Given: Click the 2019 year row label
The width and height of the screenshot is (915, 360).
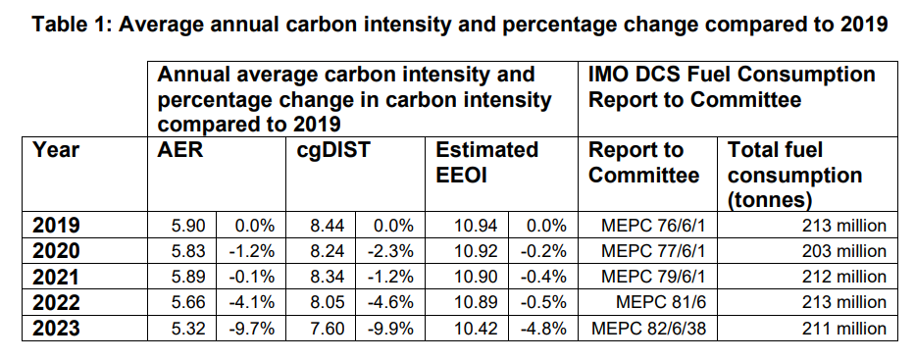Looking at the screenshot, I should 55,225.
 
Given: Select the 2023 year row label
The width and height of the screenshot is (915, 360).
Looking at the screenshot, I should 55,327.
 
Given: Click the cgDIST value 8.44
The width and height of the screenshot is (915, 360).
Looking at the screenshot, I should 327,225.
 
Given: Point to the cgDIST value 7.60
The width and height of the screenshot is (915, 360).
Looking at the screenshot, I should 327,327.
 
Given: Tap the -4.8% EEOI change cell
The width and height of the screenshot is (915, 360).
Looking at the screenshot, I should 544,327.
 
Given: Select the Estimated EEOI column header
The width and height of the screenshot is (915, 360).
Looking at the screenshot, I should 487,163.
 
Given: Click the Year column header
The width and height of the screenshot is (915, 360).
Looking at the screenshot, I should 56,151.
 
